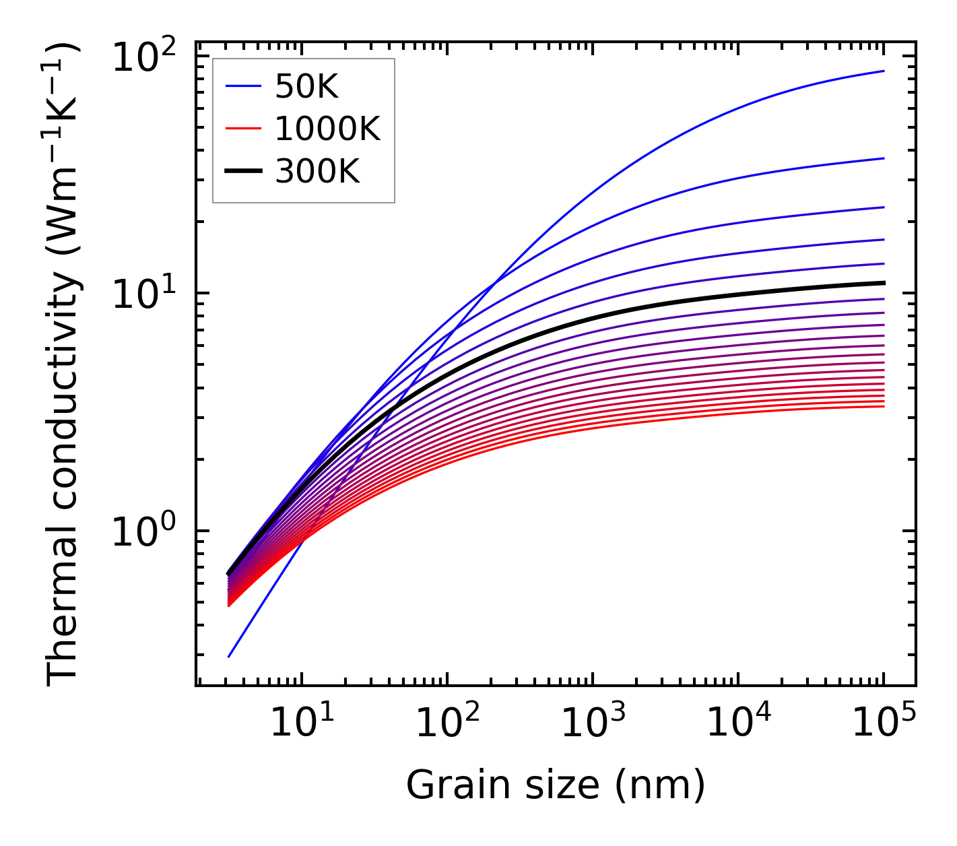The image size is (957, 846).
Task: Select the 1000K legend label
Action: click(327, 129)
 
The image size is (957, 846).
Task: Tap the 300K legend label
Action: click(317, 172)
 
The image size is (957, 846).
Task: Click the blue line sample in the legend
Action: click(242, 86)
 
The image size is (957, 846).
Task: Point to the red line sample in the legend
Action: click(242, 129)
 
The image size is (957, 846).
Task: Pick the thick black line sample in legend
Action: click(242, 172)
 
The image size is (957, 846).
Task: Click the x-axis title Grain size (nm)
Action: click(556, 785)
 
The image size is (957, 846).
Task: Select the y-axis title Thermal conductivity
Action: click(63, 364)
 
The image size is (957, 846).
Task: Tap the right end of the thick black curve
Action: click(884, 283)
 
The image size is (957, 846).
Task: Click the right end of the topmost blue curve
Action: click(884, 71)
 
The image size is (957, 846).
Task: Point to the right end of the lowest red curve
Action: click(884, 406)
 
